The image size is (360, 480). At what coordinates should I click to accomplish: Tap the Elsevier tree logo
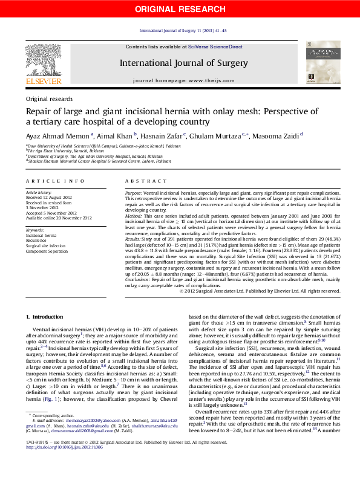click(x=43, y=60)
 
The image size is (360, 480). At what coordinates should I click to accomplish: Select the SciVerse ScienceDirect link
click(x=215, y=47)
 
